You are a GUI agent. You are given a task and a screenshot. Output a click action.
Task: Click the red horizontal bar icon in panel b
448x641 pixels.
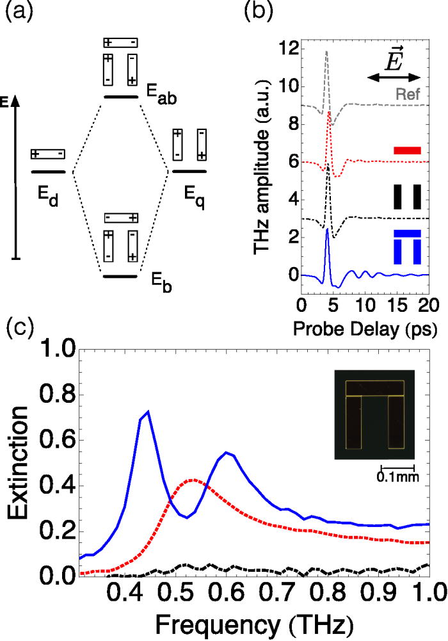pos(406,150)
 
